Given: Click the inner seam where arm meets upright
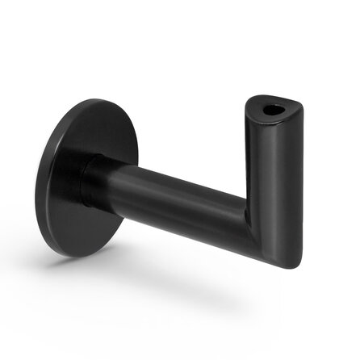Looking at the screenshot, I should (x=245, y=211).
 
